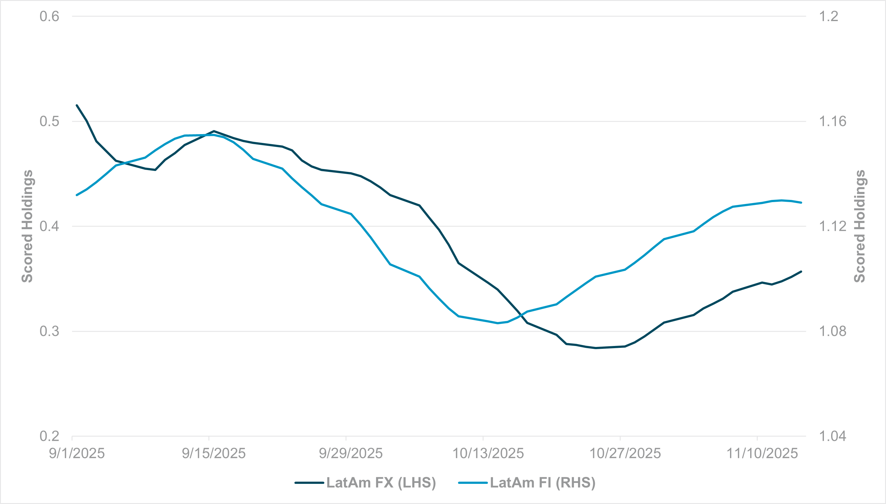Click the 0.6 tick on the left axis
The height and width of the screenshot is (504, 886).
(49, 16)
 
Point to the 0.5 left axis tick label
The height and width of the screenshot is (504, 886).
(49, 122)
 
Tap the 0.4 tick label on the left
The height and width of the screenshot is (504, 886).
(49, 226)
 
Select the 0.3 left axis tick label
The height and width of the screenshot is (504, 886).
(49, 331)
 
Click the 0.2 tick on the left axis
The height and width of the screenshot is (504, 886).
(49, 436)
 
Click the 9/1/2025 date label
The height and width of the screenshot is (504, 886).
(77, 453)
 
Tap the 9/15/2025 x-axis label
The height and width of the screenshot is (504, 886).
(213, 453)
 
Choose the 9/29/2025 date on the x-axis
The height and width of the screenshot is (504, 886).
(351, 453)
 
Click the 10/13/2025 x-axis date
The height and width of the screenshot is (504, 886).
(488, 453)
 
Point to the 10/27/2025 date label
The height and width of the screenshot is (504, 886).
(625, 453)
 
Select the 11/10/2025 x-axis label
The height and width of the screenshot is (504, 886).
(762, 453)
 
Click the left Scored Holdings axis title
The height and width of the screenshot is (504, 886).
(27, 226)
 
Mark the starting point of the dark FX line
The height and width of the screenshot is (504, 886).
(77, 105)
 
